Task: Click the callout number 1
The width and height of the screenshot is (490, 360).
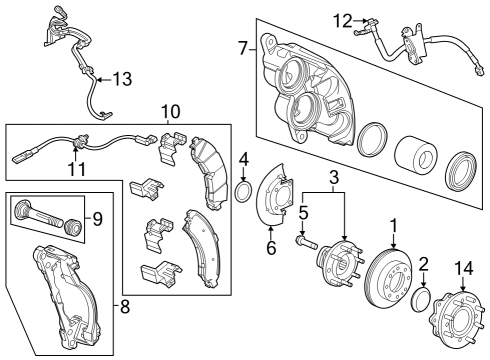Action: point(394,226)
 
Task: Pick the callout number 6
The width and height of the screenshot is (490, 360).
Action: point(270,247)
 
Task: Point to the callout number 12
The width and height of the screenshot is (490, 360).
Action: point(342,19)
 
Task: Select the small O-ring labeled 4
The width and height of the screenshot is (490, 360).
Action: point(242,191)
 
